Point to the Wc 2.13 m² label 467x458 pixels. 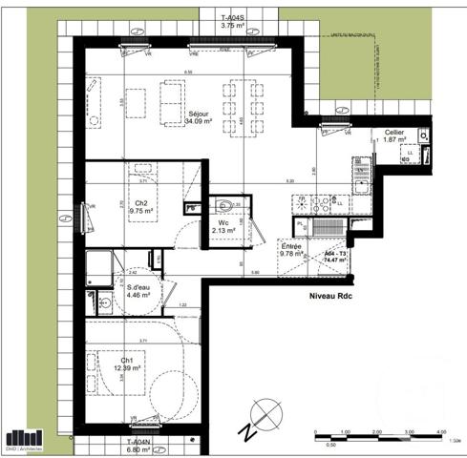pyautogui.click(x=223, y=226)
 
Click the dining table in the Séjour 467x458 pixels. pyautogui.click(x=242, y=105)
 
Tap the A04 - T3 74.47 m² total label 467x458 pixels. pyautogui.click(x=335, y=256)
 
